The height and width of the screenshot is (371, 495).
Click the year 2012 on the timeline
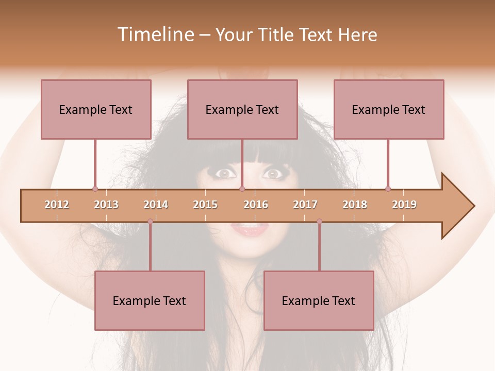[x=57, y=205]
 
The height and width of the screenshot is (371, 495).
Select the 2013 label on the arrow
[x=106, y=205]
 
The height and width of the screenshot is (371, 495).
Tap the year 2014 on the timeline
[x=156, y=205]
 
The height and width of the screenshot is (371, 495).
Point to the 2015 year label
[x=205, y=205]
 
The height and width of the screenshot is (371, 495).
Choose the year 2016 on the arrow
[x=256, y=205]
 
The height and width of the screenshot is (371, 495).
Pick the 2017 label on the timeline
[x=305, y=205]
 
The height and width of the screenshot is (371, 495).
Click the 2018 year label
[x=355, y=205]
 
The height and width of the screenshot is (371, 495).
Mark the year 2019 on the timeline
[x=404, y=205]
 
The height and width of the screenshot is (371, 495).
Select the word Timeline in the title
[x=154, y=35]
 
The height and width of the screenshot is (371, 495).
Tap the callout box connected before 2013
[x=96, y=109]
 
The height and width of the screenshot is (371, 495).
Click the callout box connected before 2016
[x=242, y=109]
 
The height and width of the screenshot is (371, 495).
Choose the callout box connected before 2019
[x=389, y=109]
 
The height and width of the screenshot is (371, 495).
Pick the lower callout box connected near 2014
[x=150, y=300]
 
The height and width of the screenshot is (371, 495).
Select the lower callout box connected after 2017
[x=319, y=300]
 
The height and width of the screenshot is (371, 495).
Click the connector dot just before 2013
[x=95, y=189]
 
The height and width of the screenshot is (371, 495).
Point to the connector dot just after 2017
[x=319, y=222]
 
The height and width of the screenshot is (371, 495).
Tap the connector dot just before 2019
[x=388, y=189]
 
